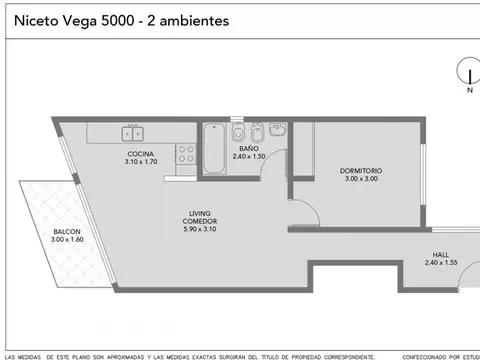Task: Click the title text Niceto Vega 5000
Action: (70, 20)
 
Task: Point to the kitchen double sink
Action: (131, 131)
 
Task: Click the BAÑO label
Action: (249, 147)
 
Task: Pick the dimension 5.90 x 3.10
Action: (201, 230)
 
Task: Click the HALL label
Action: (441, 254)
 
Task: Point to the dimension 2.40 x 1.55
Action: (441, 262)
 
